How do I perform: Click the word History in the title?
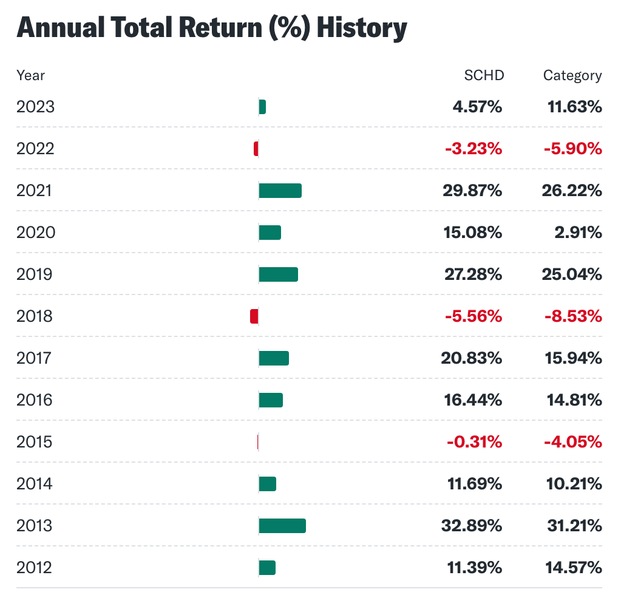point(362,29)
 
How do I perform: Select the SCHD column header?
point(484,75)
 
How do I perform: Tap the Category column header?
point(572,75)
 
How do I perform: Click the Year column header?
point(30,75)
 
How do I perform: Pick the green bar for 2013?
point(282,526)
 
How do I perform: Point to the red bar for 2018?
point(254,316)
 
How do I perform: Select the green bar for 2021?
point(280,191)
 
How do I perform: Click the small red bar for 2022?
point(256,149)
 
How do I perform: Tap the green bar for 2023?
point(262,107)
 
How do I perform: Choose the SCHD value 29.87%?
point(472,191)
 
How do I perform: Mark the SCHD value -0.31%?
point(474,442)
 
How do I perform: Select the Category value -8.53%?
point(572,316)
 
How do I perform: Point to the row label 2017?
point(35,358)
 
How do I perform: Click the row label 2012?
point(35,568)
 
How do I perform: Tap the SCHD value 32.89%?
point(472,526)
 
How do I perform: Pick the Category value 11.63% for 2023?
point(573,107)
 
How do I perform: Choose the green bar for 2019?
point(278,274)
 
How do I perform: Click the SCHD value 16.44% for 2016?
point(472,400)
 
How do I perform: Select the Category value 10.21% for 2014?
point(573,484)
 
